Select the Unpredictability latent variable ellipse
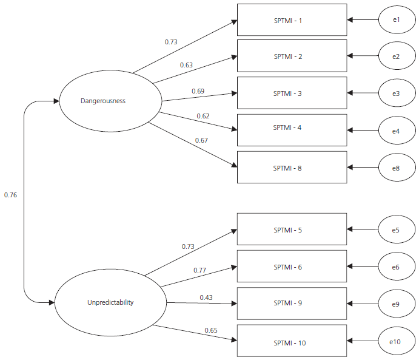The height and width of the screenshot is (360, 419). tap(110, 302)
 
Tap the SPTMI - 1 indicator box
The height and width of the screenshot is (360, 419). tap(292, 21)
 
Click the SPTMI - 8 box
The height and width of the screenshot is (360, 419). tap(292, 168)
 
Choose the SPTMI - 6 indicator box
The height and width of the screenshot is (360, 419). tap(292, 267)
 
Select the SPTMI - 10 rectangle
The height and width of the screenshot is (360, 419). tap(292, 343)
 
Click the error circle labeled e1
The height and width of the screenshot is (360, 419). tap(397, 20)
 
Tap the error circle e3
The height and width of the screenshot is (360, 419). tap(397, 93)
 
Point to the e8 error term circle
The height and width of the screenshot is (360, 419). tap(397, 168)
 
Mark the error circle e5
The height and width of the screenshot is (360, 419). tap(397, 230)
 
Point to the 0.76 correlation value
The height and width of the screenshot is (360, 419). tap(10, 195)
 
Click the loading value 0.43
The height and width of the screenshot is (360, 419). tap(207, 297)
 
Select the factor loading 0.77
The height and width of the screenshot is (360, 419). tap(200, 270)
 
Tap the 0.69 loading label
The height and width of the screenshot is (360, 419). tap(198, 91)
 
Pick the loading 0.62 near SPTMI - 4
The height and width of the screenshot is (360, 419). tap(203, 116)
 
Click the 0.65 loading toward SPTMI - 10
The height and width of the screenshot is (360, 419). tap(210, 330)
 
